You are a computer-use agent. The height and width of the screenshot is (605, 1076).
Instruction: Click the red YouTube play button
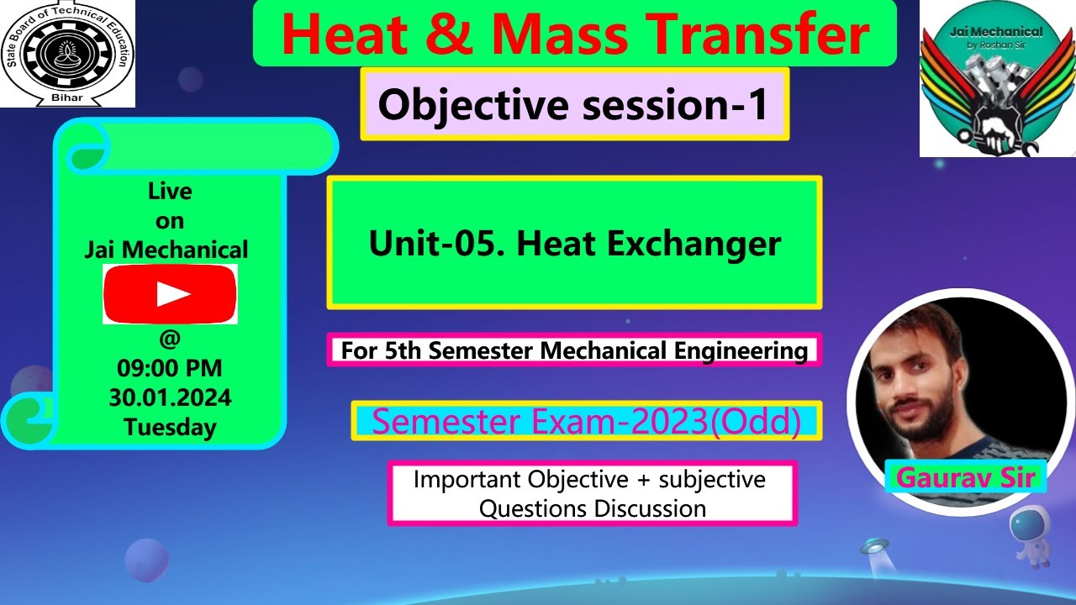coord(170,294)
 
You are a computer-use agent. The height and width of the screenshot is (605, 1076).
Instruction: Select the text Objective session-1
coord(573,105)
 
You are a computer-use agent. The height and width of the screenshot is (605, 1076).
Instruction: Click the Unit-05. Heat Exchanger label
coord(574,244)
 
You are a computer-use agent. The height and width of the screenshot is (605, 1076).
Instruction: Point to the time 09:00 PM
coord(170,369)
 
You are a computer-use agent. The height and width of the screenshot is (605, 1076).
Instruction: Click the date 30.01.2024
coord(170,397)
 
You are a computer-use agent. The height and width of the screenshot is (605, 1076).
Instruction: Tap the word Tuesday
coord(170,427)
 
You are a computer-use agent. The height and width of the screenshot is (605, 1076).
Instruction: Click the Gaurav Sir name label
coord(964,477)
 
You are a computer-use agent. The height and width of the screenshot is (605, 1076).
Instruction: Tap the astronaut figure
coord(1031,539)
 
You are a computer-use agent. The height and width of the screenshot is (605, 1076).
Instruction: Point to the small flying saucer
coord(874,548)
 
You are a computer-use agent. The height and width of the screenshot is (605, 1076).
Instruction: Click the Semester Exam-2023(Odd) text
coord(586,421)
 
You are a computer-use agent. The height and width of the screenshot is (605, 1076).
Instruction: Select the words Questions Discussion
coord(592,508)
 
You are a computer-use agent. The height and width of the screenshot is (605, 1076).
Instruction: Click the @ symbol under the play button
coord(170,339)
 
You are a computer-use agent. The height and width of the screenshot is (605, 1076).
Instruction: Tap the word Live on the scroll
coord(170,192)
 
